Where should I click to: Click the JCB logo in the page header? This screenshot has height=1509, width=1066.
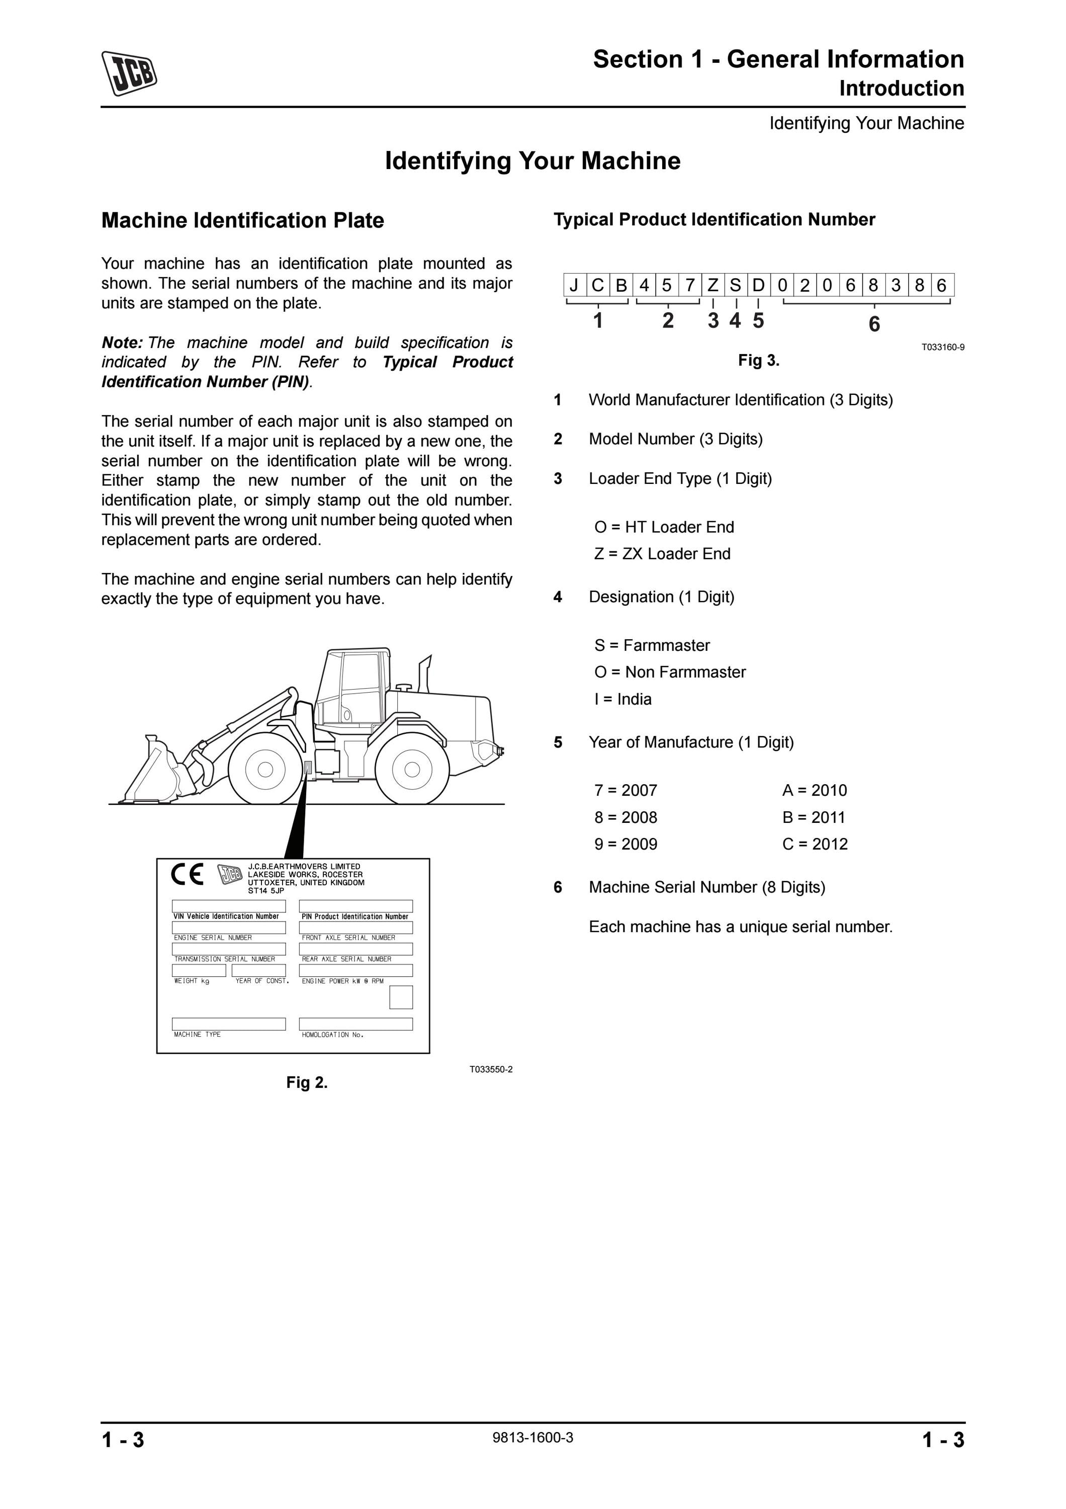[129, 73]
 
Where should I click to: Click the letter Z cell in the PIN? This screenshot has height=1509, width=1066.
[713, 285]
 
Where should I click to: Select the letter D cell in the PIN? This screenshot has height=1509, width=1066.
[759, 285]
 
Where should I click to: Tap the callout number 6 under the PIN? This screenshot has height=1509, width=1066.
[874, 324]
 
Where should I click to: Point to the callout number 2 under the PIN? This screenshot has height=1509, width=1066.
[668, 321]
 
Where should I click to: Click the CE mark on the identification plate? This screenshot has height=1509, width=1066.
[187, 874]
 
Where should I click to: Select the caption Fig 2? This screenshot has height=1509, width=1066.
[307, 1082]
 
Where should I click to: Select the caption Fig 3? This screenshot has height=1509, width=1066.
[759, 360]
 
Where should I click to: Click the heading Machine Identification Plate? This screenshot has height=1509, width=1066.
[242, 220]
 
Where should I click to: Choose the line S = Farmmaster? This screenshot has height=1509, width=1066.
[652, 645]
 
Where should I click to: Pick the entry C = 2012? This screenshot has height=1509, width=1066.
[815, 844]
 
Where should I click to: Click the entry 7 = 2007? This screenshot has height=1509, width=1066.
[626, 790]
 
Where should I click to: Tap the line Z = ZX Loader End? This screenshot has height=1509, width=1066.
[662, 553]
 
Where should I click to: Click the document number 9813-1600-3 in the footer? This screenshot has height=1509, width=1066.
[532, 1438]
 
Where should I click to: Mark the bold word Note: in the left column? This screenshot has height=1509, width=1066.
[122, 343]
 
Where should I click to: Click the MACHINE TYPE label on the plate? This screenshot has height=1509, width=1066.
[197, 1035]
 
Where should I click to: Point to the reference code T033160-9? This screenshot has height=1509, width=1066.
[942, 347]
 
